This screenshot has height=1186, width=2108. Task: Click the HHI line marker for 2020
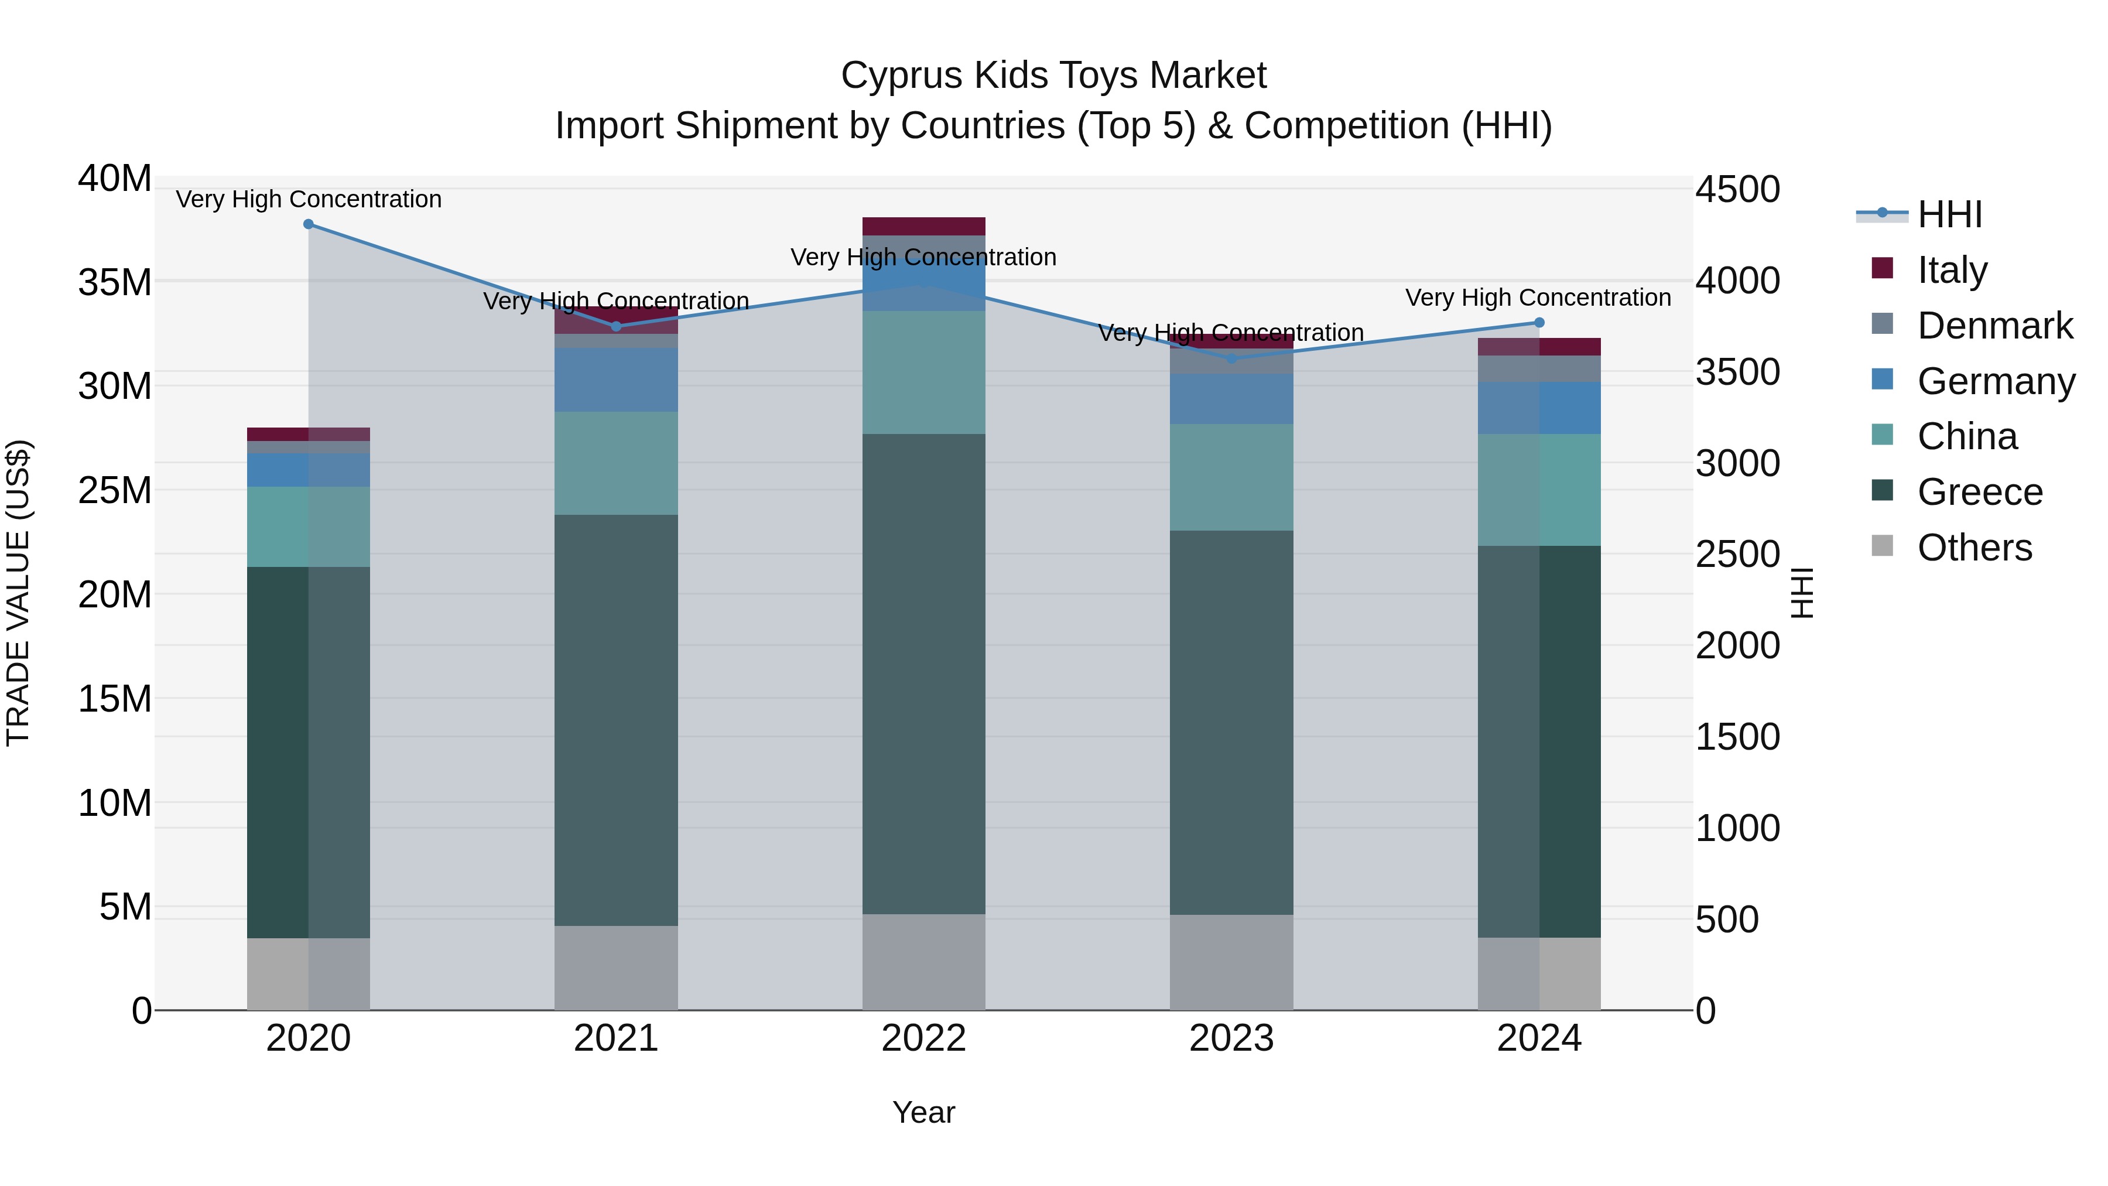pyautogui.click(x=309, y=224)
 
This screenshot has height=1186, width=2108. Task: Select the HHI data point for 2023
pyautogui.click(x=1231, y=358)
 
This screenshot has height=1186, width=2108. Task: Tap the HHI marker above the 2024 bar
pyautogui.click(x=1539, y=323)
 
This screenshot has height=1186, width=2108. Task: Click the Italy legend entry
pyautogui.click(x=1952, y=270)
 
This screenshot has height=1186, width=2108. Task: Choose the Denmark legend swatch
pyautogui.click(x=1882, y=324)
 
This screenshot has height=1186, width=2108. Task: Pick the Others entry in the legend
pyautogui.click(x=1974, y=548)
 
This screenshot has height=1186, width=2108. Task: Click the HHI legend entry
pyautogui.click(x=1949, y=214)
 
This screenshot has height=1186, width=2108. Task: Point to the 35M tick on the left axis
pyautogui.click(x=115, y=282)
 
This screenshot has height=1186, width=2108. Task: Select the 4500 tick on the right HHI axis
pyautogui.click(x=1737, y=190)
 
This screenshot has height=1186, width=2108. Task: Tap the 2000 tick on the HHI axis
pyautogui.click(x=1737, y=646)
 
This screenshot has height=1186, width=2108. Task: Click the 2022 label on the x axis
pyautogui.click(x=924, y=1038)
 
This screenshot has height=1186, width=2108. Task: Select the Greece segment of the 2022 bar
pyautogui.click(x=924, y=671)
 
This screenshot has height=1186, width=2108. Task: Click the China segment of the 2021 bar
pyautogui.click(x=616, y=463)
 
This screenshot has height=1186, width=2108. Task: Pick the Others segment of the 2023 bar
pyautogui.click(x=1231, y=962)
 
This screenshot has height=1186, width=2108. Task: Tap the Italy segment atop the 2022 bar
pyautogui.click(x=924, y=227)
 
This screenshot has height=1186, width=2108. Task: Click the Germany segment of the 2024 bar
pyautogui.click(x=1539, y=408)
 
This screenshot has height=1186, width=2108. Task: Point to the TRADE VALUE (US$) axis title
pyautogui.click(x=18, y=593)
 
